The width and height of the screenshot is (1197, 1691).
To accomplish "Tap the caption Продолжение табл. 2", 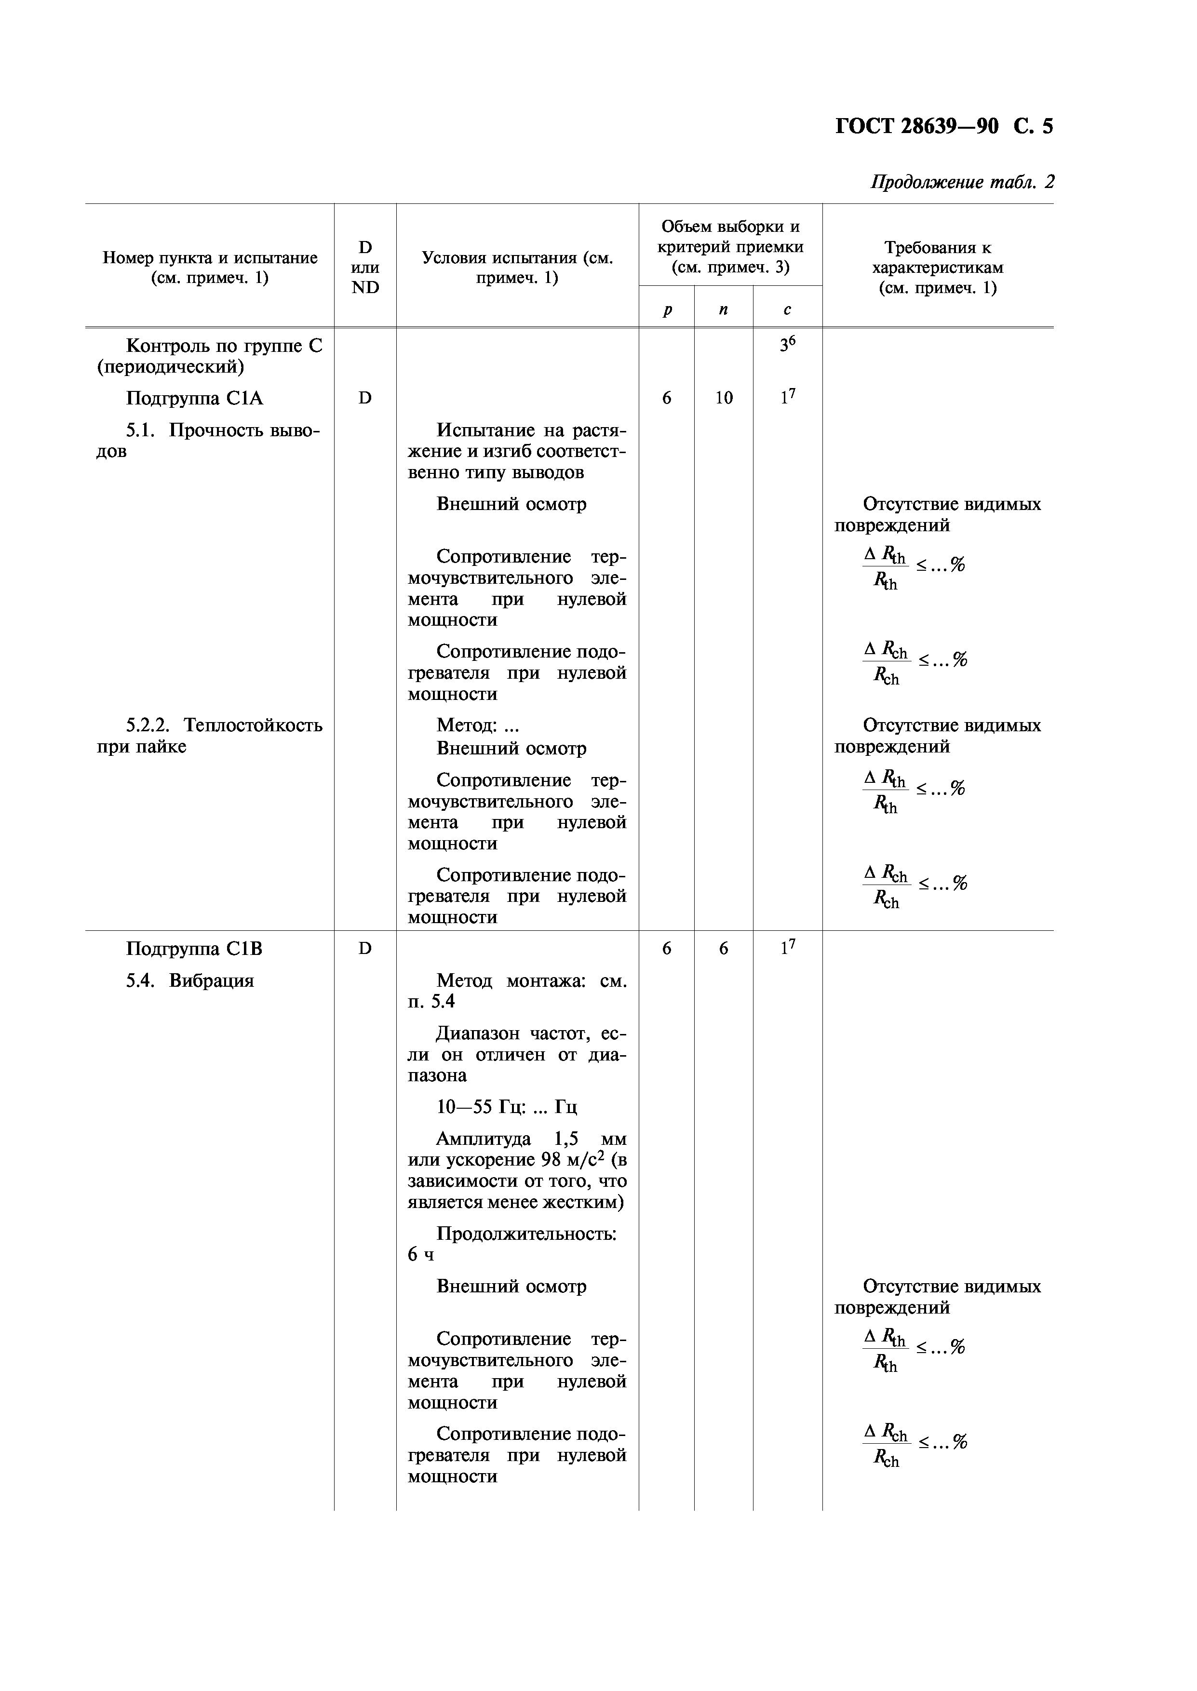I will coord(962,182).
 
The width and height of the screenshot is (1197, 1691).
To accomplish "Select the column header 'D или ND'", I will coord(365,267).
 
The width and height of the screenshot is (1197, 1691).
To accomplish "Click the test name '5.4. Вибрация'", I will coord(189,980).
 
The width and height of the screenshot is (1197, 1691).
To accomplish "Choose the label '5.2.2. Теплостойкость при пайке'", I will coord(210,735).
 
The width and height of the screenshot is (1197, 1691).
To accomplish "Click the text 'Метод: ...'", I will coord(478,726).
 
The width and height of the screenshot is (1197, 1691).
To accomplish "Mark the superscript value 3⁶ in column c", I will coord(787,344).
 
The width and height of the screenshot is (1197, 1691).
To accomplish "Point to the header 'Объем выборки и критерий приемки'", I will coord(730,246).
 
